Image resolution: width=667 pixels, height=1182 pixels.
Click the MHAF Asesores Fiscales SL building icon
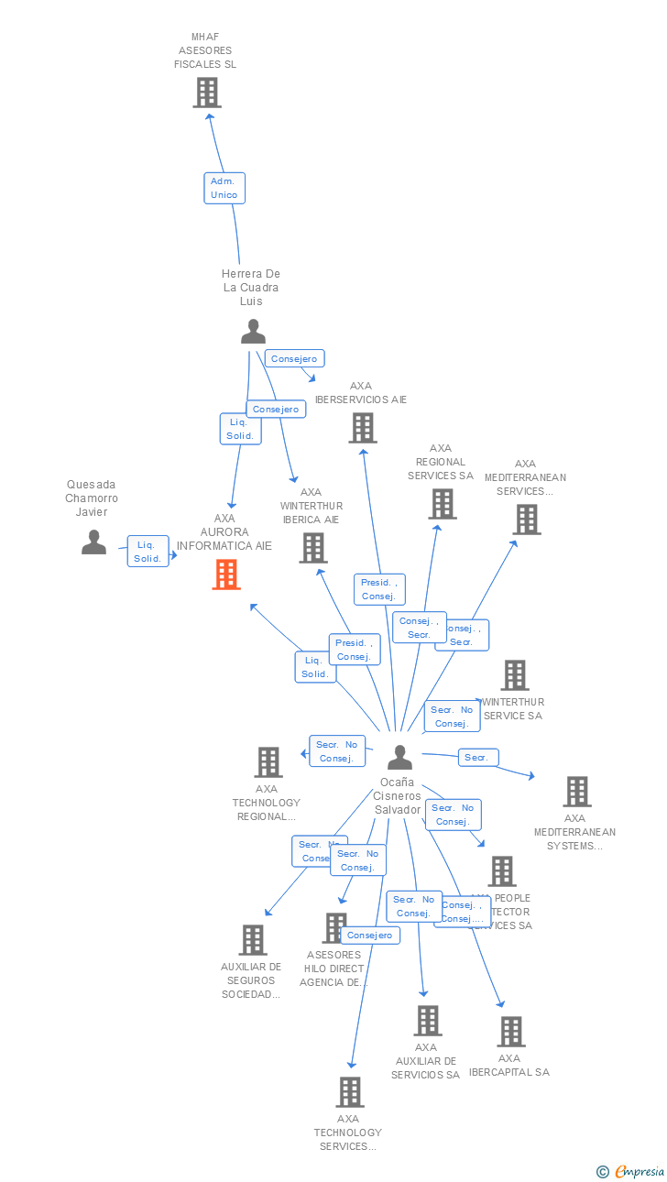click(207, 93)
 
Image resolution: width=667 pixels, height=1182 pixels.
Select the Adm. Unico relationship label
click(224, 188)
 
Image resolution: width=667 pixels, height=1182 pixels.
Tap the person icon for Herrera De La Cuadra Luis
click(253, 332)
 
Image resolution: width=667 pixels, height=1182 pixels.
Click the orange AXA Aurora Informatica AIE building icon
click(226, 575)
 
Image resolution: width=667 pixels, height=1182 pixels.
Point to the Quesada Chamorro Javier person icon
click(93, 542)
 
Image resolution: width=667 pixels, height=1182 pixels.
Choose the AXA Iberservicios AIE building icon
click(363, 428)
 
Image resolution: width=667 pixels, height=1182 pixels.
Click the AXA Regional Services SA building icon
click(443, 504)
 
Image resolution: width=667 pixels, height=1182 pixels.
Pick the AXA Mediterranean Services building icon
click(527, 520)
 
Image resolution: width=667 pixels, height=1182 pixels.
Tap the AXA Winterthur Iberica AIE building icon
click(313, 548)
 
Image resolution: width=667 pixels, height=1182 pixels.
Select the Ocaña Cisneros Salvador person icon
click(399, 758)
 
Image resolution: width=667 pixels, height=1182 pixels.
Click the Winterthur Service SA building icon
click(515, 675)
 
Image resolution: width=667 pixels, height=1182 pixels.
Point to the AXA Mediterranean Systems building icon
click(576, 792)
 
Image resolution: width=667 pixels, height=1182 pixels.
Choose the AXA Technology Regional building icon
click(268, 762)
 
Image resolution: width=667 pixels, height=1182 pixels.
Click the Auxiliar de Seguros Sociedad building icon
click(253, 940)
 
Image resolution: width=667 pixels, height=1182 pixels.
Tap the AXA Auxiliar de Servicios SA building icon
click(427, 1021)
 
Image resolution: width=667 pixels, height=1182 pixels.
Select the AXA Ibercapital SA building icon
click(511, 1032)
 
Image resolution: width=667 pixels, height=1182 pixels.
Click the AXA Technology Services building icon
click(349, 1092)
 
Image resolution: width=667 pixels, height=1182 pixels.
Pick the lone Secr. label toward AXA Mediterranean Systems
click(477, 758)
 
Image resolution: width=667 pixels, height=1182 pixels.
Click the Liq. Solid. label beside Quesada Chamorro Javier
click(148, 552)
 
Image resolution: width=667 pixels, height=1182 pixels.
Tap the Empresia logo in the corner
click(639, 1171)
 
